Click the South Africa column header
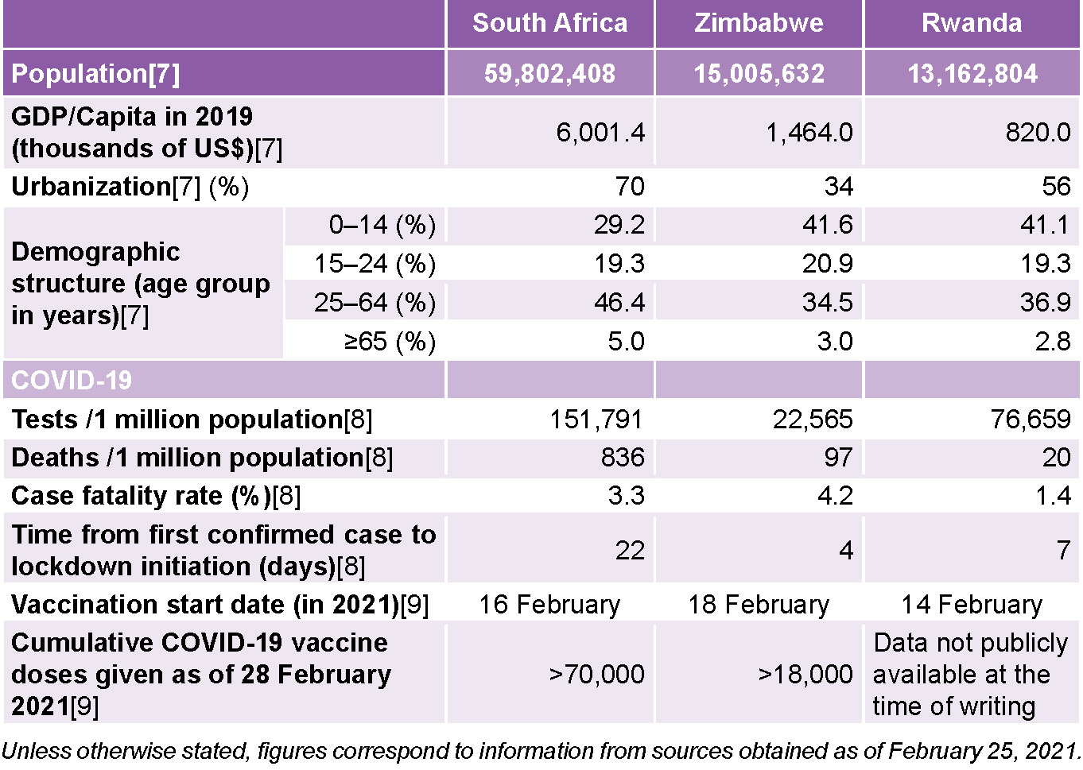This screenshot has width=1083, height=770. click(549, 23)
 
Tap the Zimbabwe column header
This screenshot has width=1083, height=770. click(759, 23)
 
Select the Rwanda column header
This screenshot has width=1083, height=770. click(971, 23)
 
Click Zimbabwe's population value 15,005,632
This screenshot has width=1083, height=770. click(759, 74)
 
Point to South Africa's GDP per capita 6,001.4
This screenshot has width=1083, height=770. click(600, 132)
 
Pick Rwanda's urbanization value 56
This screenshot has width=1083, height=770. click(1056, 186)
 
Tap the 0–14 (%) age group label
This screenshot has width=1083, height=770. click(382, 225)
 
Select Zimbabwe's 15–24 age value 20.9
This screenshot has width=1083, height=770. click(827, 263)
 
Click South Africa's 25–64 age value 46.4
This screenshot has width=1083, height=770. click(619, 302)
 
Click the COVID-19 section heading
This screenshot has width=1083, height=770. click(72, 380)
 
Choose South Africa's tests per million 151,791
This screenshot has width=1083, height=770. click(596, 419)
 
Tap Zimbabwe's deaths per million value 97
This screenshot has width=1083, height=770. click(838, 457)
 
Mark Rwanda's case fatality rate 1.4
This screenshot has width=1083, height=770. click(1053, 495)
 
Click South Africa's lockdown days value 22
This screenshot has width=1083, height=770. click(630, 550)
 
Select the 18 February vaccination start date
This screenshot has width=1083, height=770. click(759, 604)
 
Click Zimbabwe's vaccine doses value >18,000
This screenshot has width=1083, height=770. click(805, 674)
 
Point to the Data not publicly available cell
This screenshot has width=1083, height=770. click(969, 674)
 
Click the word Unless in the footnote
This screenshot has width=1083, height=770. click(37, 750)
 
